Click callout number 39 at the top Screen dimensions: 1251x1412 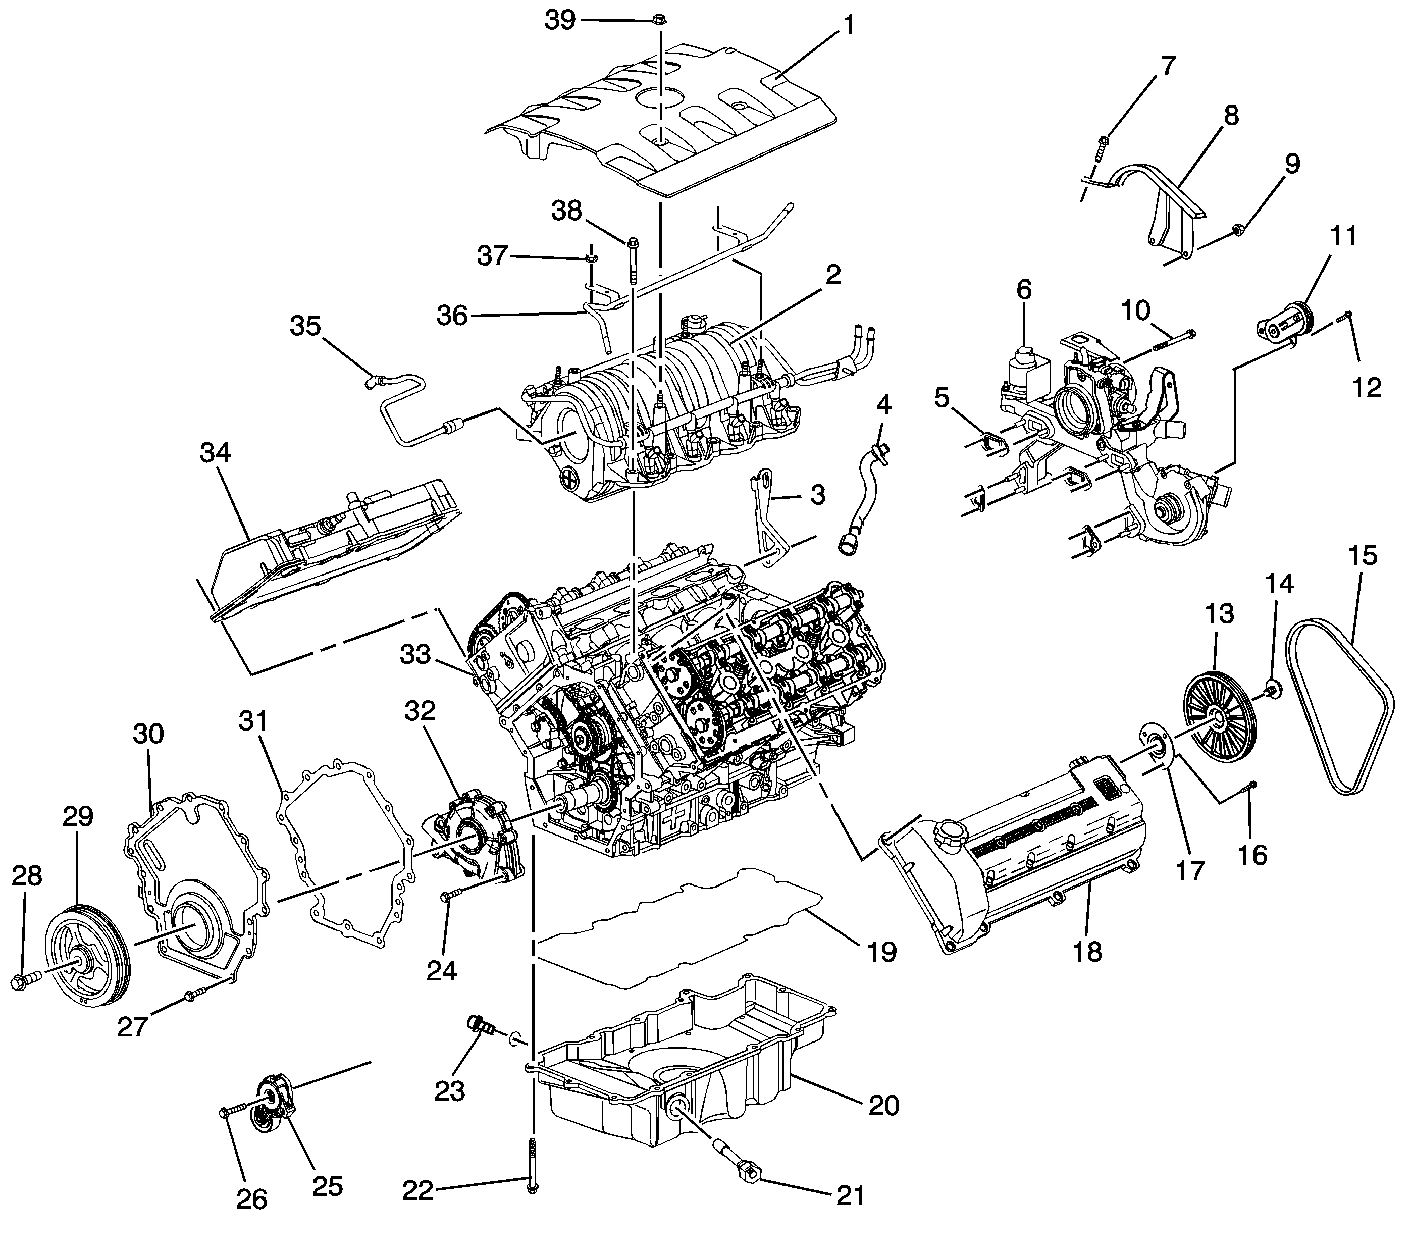pyautogui.click(x=559, y=21)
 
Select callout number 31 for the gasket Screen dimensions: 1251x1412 pyautogui.click(x=253, y=721)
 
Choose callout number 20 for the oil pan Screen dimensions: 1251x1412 pyautogui.click(x=883, y=1105)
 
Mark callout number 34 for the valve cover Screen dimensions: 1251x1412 pyautogui.click(x=215, y=453)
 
